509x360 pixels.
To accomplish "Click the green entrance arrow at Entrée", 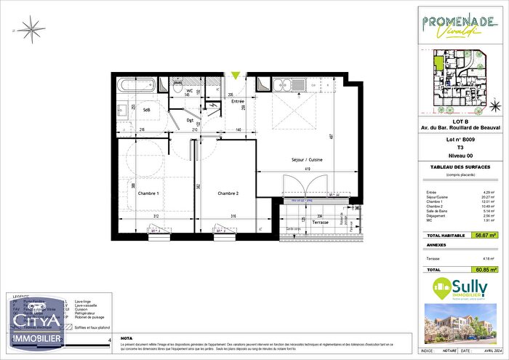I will click(235, 74).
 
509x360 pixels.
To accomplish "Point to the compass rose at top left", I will click(31, 30).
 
